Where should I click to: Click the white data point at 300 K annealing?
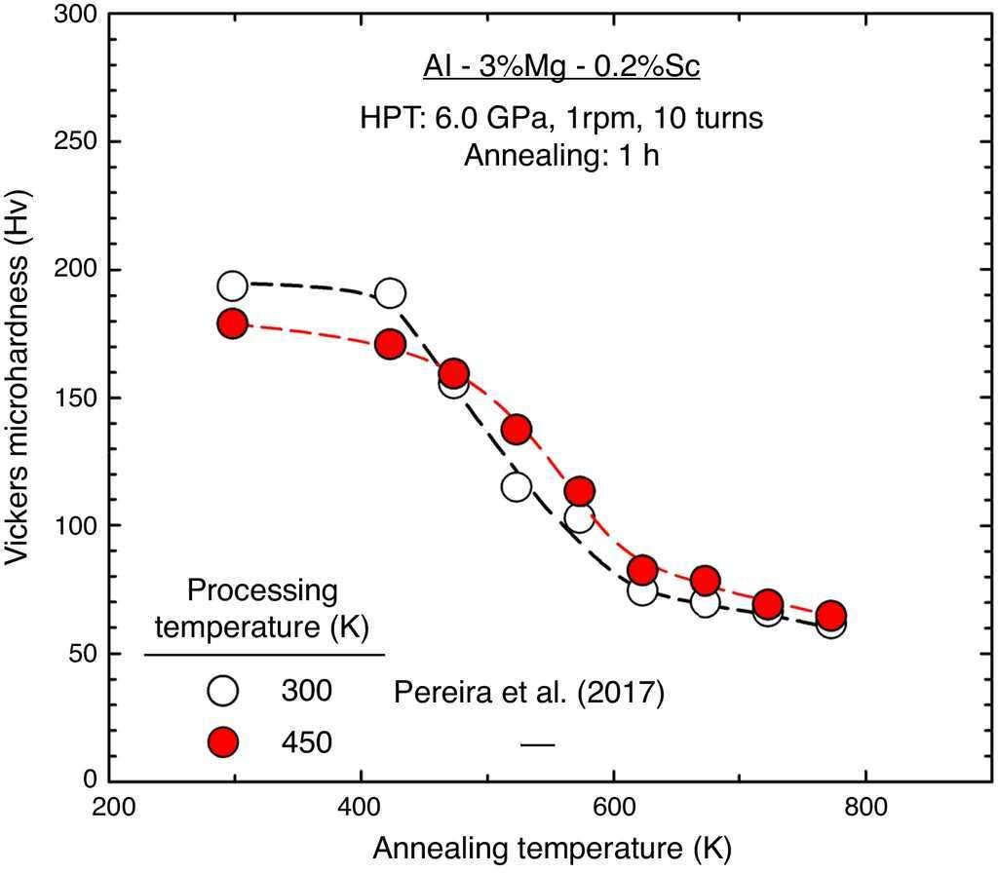pos(232,286)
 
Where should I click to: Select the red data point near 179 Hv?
pos(232,323)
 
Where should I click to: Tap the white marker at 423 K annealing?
pos(391,292)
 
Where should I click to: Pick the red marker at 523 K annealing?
pos(517,429)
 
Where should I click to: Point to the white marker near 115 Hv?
pos(517,486)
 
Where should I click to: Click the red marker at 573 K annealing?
pos(580,490)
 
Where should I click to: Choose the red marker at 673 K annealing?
pos(706,581)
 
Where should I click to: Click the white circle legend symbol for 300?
pos(223,691)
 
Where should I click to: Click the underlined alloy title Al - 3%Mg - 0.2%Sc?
pos(562,68)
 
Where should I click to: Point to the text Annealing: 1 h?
pos(562,156)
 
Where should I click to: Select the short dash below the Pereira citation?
pos(537,745)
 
